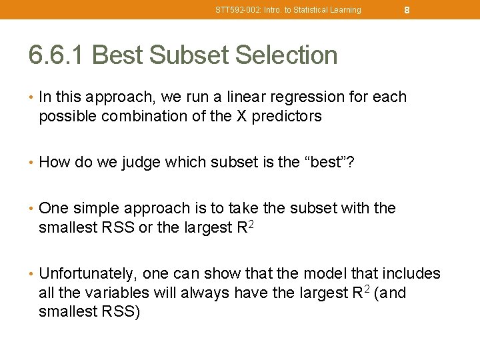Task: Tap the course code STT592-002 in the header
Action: click(x=234, y=10)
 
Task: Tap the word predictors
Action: click(x=288, y=116)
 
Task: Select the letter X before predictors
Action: click(x=243, y=116)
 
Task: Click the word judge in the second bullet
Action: click(x=141, y=162)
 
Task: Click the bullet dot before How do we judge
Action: click(x=31, y=163)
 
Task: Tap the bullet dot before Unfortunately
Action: click(x=31, y=274)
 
